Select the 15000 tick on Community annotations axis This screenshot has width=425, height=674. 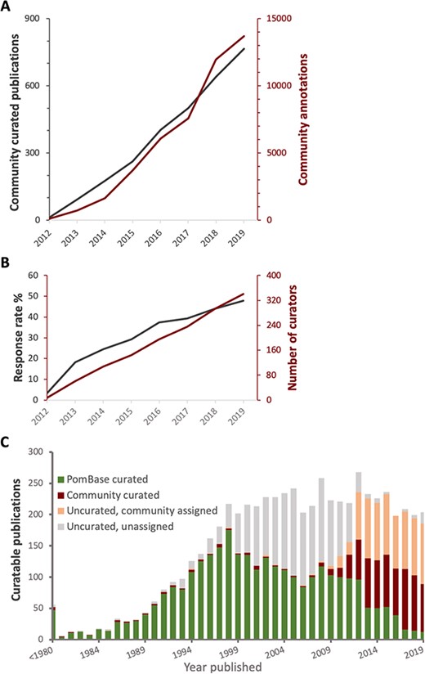point(278,19)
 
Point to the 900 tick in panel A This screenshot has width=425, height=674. point(33,19)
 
